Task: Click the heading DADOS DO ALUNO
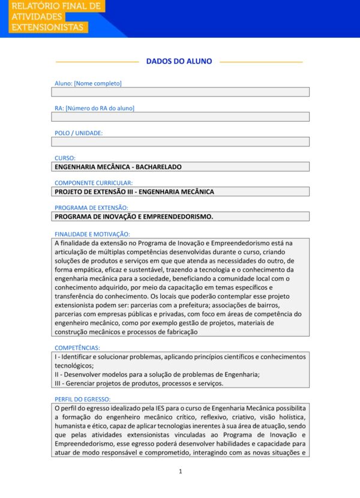click(179, 61)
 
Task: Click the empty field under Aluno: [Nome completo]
click(180, 92)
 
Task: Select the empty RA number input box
click(180, 117)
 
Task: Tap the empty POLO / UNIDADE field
click(180, 142)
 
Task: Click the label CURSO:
click(65, 158)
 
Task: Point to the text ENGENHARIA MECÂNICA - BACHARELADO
click(118, 167)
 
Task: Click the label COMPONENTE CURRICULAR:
click(94, 182)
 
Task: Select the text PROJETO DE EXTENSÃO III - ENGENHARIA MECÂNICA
click(134, 191)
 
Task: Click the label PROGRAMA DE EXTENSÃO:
click(91, 208)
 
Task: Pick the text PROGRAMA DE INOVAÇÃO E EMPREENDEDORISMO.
click(134, 217)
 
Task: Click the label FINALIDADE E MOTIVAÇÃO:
click(92, 233)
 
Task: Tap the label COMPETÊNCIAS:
click(77, 347)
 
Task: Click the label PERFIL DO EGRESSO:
click(83, 399)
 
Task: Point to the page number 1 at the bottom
click(180, 472)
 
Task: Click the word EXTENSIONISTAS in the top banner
click(48, 28)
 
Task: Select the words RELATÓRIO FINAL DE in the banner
click(56, 6)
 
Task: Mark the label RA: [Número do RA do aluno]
click(94, 108)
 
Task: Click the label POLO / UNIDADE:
click(79, 133)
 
